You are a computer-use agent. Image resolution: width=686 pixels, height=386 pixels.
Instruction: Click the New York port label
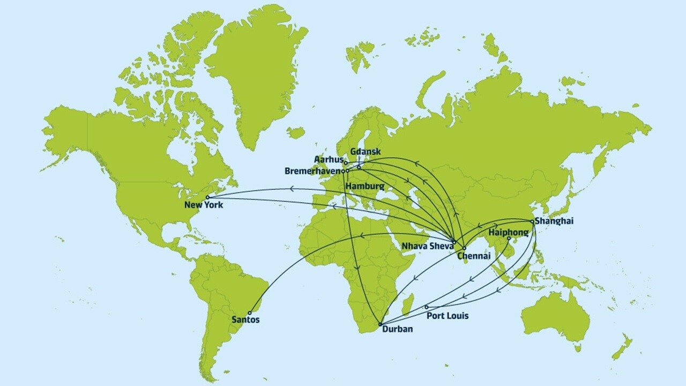coord(203,205)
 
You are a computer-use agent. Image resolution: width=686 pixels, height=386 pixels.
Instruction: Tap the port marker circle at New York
coord(207,197)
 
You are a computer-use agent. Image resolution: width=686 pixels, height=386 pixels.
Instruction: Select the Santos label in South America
coord(246,320)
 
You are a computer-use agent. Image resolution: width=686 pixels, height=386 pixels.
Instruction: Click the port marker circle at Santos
coord(249,313)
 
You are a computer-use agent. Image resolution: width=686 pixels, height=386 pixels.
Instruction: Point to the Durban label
coord(398,329)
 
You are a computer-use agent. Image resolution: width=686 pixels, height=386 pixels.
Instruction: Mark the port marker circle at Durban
coord(380,324)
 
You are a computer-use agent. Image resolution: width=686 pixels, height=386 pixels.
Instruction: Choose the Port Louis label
coord(447,316)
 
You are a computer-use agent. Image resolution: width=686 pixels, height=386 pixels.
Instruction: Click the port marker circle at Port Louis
coord(427,307)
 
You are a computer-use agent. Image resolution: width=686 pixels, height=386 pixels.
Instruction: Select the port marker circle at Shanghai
coord(532,221)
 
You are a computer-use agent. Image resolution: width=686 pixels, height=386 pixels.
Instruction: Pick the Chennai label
coord(473,256)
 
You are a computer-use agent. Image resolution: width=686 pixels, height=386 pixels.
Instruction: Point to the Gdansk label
coord(365,152)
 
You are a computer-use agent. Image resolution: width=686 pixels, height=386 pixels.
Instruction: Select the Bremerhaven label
coord(313,171)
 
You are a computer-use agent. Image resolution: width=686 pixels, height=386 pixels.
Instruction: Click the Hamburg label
coord(365,186)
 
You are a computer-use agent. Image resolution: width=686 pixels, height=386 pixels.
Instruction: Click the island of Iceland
coord(295,132)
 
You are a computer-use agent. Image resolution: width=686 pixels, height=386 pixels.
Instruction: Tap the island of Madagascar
coord(408,304)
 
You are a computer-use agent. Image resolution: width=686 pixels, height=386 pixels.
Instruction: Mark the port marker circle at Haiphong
coord(509,238)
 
